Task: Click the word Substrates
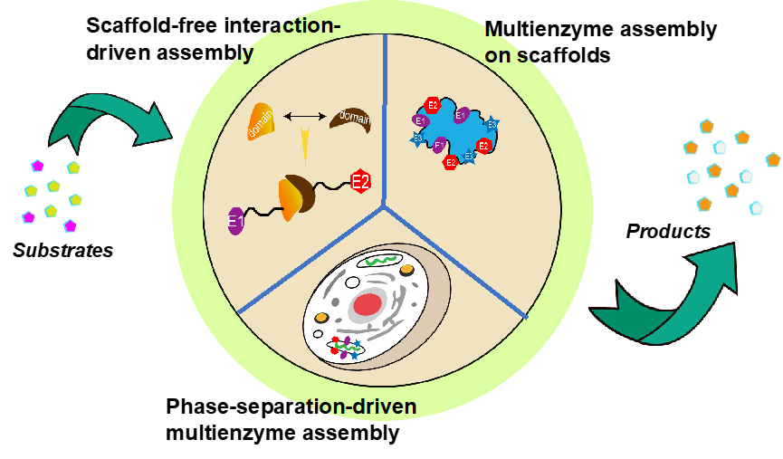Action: [x=63, y=250]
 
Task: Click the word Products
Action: [x=668, y=232]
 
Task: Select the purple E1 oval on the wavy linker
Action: [x=237, y=221]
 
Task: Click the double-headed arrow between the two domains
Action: [x=305, y=116]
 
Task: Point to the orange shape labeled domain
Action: [x=261, y=122]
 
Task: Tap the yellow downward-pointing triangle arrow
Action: [x=305, y=145]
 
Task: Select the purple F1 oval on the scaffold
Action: [x=440, y=145]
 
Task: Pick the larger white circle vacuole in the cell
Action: [x=322, y=318]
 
